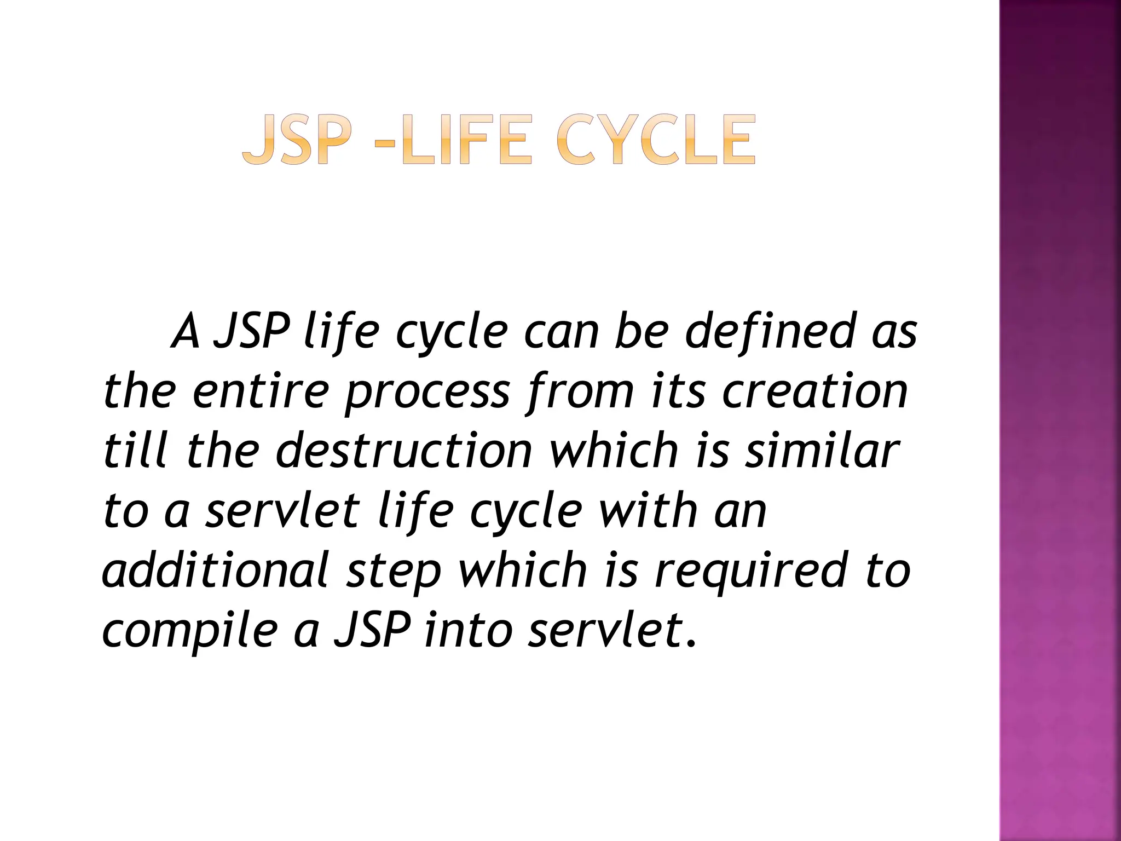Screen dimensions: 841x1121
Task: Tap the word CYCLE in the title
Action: pyautogui.click(x=656, y=140)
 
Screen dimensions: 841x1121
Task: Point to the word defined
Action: pyautogui.click(x=769, y=331)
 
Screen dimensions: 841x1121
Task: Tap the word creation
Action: pyautogui.click(x=816, y=391)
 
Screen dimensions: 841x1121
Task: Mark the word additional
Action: pyautogui.click(x=216, y=569)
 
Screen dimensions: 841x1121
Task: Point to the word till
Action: pyautogui.click(x=135, y=451)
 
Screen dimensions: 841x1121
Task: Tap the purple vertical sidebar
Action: pyautogui.click(x=1060, y=420)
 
